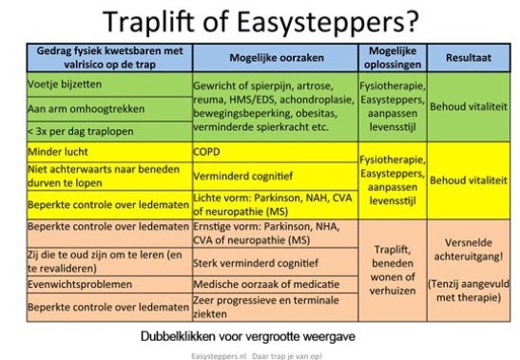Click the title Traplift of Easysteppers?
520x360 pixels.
(x=260, y=21)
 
